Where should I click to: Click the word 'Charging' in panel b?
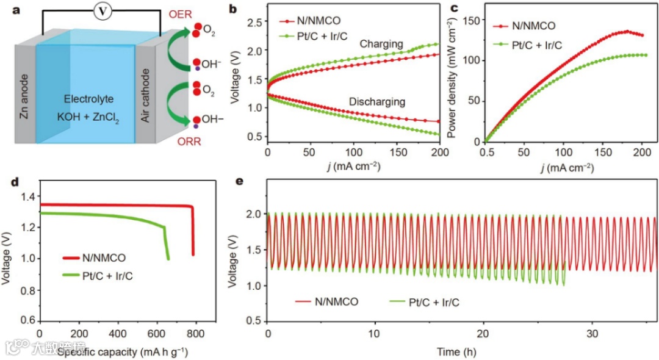(x=381, y=44)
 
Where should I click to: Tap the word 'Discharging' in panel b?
(x=377, y=101)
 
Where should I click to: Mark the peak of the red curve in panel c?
(x=627, y=31)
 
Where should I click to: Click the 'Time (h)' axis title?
(x=457, y=351)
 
